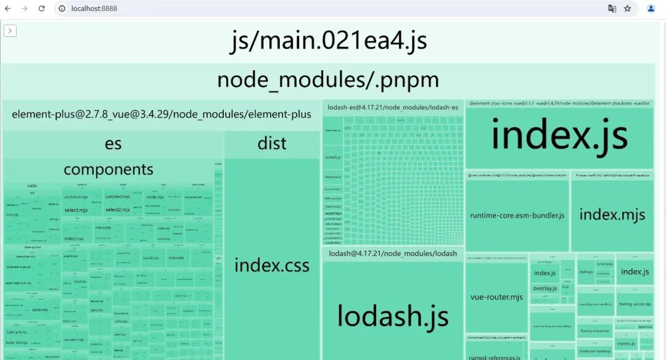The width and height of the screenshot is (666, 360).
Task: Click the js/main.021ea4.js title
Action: pos(329,41)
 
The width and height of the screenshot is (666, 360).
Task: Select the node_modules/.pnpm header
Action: pos(328,80)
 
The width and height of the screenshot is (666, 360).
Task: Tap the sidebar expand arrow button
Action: pos(10,31)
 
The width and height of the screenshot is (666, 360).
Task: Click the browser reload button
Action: pos(42,9)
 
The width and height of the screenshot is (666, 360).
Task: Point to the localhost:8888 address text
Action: pos(94,9)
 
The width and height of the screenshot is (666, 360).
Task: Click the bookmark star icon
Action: pos(627,9)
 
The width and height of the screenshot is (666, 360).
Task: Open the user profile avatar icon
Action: pos(651,9)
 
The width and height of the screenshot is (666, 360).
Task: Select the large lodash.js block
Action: pos(392,316)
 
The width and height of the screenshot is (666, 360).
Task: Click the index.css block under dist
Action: pos(271,266)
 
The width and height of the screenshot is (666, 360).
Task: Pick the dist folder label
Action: pos(271,144)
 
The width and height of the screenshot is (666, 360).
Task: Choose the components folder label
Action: pos(109,170)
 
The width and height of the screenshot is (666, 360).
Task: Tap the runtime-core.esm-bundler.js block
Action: pos(517,216)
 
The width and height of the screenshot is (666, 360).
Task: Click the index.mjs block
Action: pos(612,215)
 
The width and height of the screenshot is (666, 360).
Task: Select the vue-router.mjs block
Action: pos(496,297)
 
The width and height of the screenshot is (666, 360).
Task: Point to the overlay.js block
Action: pos(545,288)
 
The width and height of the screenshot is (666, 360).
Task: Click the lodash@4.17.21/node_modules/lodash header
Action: pos(392,253)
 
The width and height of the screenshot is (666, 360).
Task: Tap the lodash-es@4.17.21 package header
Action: pos(392,107)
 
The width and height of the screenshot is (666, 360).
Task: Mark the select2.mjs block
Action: pos(117,210)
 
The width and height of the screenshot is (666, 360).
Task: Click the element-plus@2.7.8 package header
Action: pos(161,114)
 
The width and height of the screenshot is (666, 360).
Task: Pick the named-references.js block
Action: pos(495,356)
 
